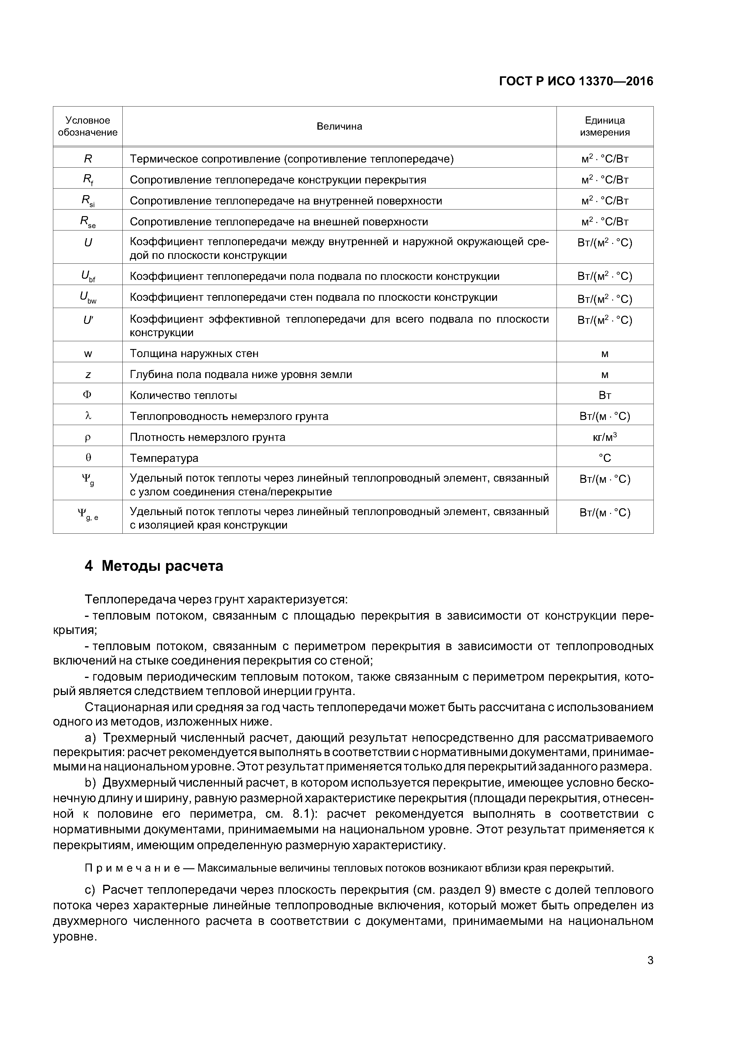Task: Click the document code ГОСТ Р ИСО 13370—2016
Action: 576,81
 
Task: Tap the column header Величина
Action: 339,126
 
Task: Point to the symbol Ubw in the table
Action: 88,298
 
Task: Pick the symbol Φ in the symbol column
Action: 88,395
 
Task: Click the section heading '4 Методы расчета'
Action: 154,566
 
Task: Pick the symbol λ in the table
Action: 88,416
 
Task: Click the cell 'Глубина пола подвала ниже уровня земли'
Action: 241,374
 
